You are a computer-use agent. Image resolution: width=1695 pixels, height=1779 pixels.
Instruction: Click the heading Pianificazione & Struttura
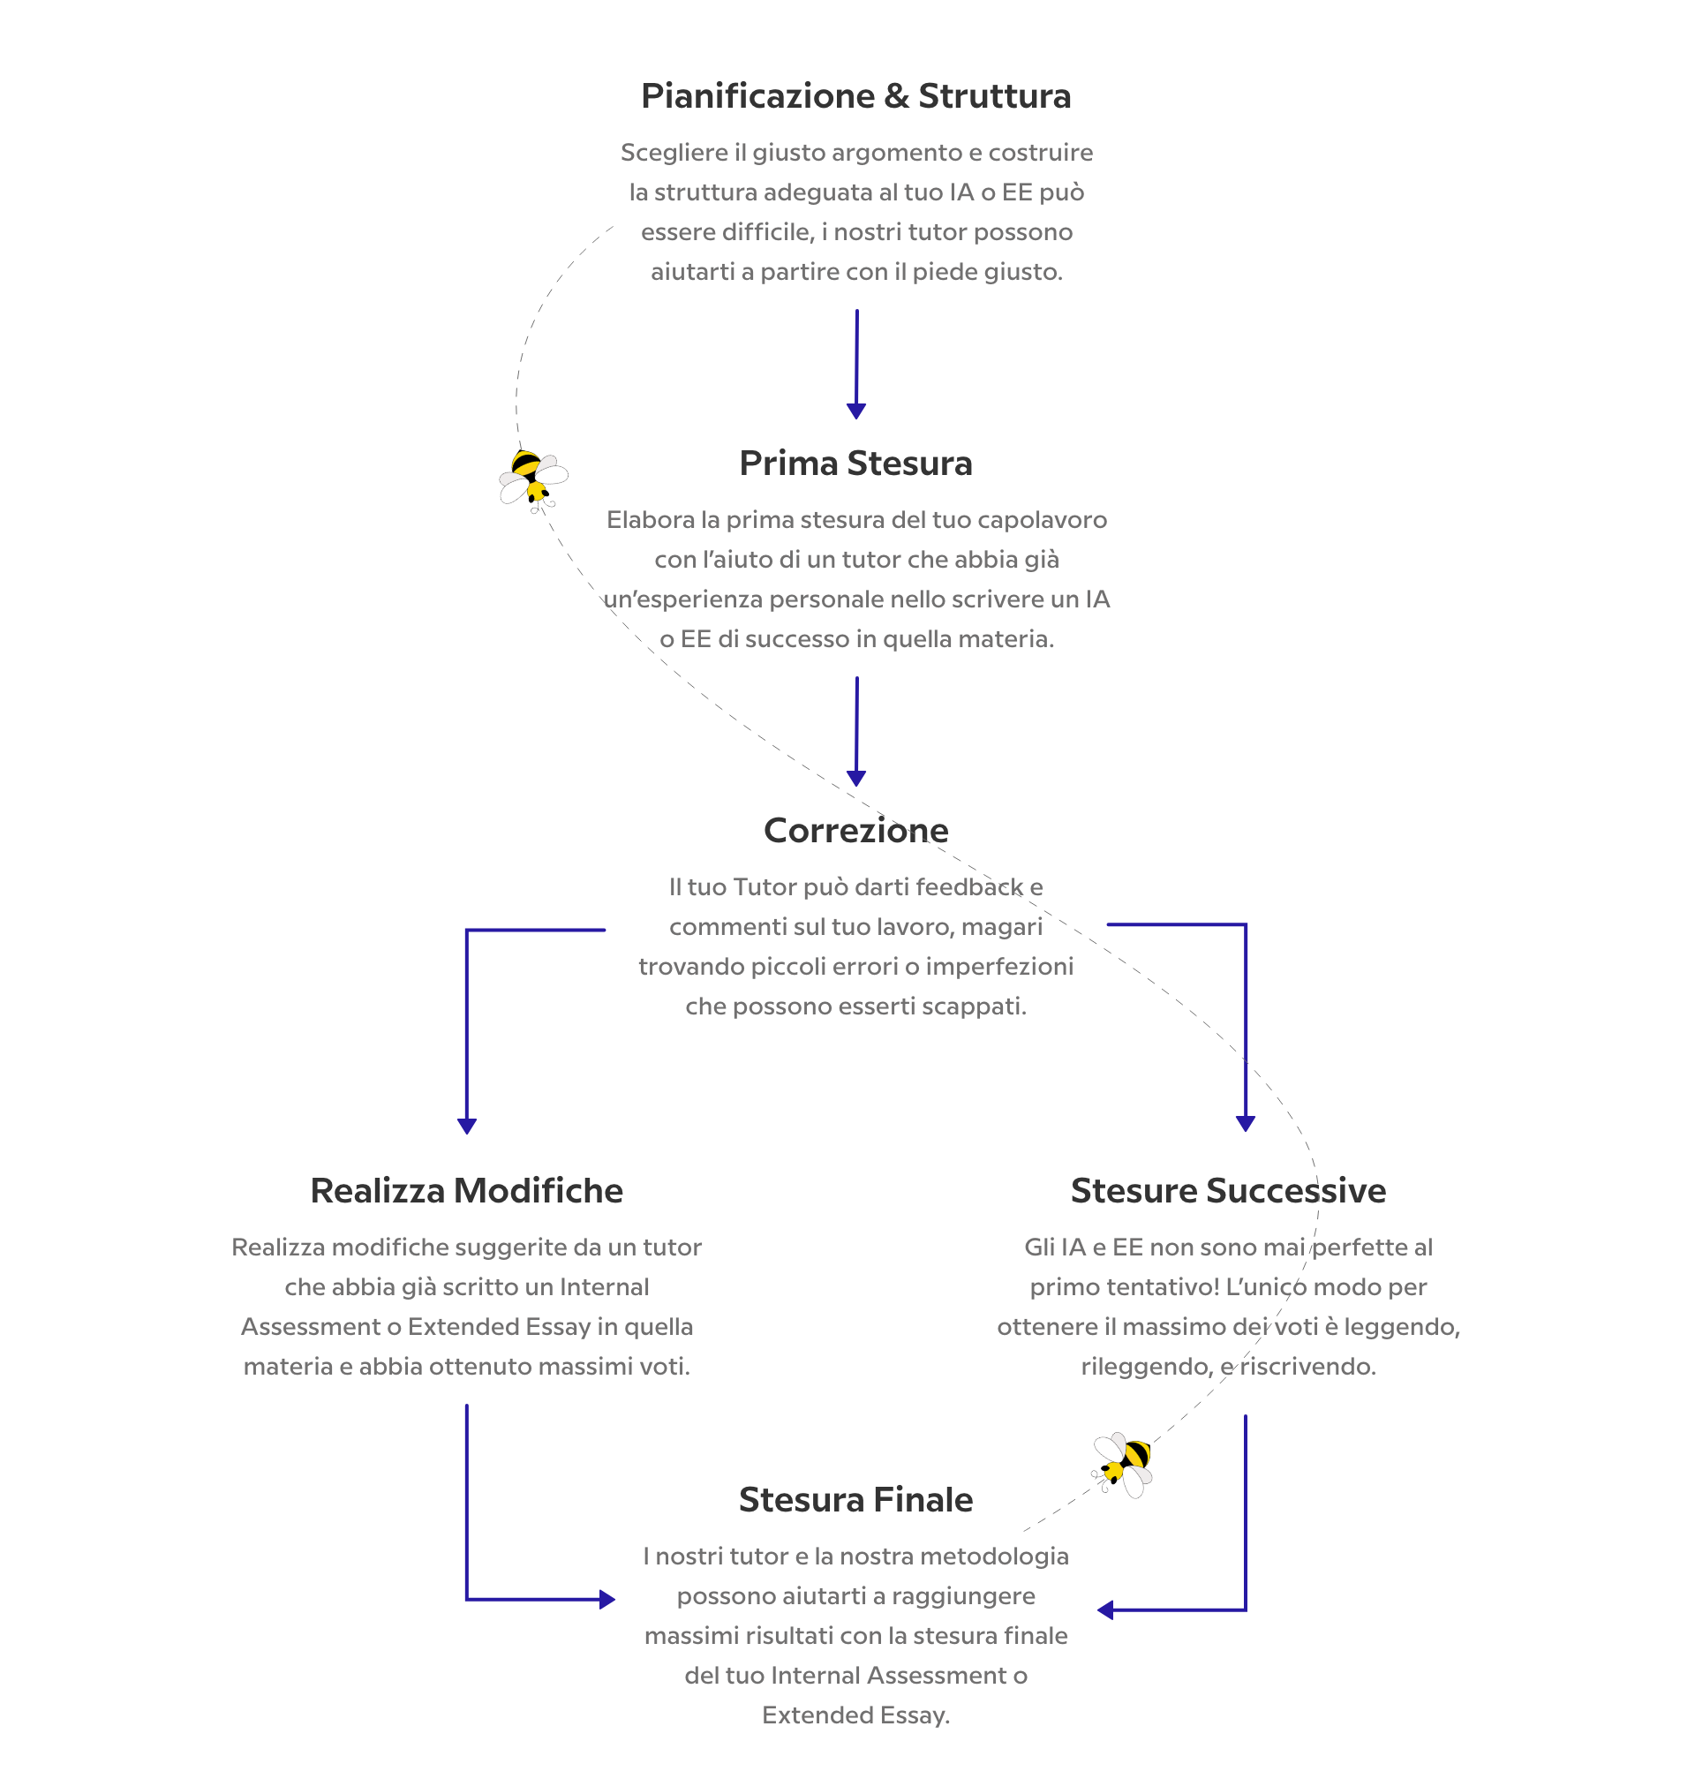(x=855, y=95)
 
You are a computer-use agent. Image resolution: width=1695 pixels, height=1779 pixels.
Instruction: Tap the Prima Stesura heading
(x=855, y=463)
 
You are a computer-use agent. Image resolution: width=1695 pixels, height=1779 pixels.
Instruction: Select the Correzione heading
(x=855, y=829)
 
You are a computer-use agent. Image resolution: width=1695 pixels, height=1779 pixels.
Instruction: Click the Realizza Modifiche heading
(x=466, y=1190)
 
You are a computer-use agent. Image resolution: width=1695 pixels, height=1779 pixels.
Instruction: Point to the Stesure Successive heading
(x=1228, y=1190)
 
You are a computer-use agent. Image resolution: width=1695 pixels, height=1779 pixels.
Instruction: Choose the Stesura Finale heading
(x=855, y=1499)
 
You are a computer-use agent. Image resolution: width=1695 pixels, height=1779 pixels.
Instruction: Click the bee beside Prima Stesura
(x=533, y=479)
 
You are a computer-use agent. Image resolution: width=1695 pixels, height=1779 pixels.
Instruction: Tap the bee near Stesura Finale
(x=1122, y=1465)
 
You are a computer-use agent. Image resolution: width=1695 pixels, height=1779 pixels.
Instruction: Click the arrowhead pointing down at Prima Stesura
(x=856, y=411)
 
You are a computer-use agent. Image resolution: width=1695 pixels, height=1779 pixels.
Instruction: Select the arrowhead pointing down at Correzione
(x=856, y=778)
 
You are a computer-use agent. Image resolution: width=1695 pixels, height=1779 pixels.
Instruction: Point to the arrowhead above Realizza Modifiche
(x=467, y=1126)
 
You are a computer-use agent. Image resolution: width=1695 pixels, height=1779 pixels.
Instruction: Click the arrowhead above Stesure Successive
(x=1245, y=1123)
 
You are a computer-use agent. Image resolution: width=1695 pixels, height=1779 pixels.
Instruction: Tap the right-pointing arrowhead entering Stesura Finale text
(x=607, y=1599)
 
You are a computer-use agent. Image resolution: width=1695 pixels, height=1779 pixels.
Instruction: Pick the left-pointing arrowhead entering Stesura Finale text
(x=1105, y=1609)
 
